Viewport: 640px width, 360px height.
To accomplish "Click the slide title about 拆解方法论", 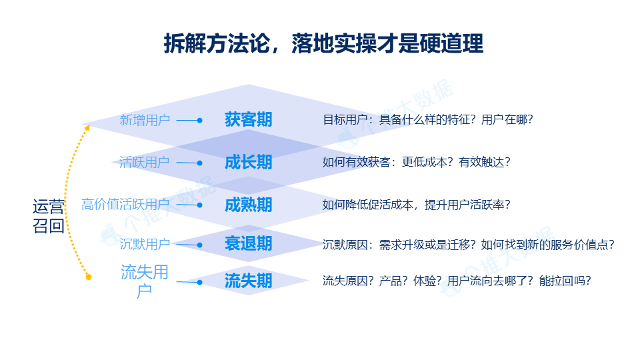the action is click(324, 44).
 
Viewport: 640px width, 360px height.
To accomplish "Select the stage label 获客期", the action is click(248, 119).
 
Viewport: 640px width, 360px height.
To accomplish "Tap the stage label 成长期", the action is click(248, 162).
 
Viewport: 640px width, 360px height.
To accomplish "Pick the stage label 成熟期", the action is click(248, 205).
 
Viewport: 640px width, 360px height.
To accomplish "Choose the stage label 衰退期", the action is click(248, 244).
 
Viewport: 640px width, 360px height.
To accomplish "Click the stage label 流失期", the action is click(248, 281).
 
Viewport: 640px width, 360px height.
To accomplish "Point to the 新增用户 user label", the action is click(145, 120).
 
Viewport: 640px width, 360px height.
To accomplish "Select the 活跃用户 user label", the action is click(145, 162).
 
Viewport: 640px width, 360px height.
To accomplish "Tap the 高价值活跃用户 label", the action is click(126, 204).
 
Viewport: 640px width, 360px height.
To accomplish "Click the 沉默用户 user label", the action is click(145, 244).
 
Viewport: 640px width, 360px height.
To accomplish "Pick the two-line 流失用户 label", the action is click(145, 281).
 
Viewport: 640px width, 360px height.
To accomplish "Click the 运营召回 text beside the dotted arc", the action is click(49, 216).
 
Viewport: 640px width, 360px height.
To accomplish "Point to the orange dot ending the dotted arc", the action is click(89, 277).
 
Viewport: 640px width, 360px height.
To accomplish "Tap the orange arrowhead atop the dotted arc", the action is click(87, 128).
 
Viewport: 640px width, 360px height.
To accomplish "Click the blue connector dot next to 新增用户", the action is click(199, 121).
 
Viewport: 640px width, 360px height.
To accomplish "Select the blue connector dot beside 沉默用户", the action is click(199, 245).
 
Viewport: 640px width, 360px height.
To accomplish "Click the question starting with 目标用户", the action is click(428, 119).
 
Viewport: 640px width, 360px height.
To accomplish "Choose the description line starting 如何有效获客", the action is click(417, 162).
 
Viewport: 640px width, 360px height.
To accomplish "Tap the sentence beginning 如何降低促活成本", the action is click(417, 205).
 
